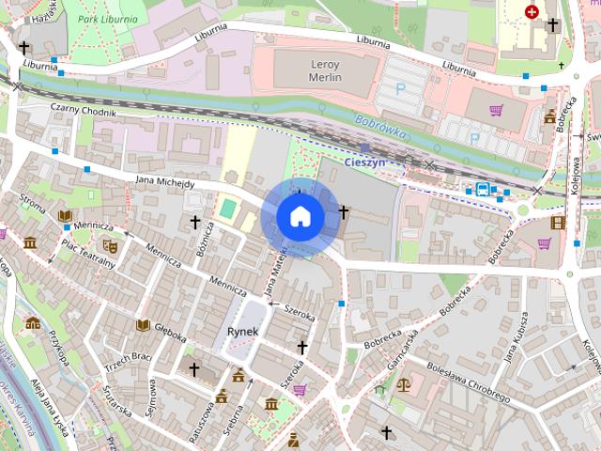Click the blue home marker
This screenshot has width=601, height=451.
[300, 217]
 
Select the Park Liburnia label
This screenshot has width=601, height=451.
[107, 19]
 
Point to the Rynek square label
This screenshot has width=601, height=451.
[243, 332]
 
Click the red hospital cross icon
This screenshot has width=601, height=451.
[532, 12]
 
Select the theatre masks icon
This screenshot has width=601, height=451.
[110, 245]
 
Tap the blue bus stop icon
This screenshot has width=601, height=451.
[482, 189]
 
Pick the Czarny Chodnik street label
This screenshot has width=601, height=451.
[84, 111]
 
